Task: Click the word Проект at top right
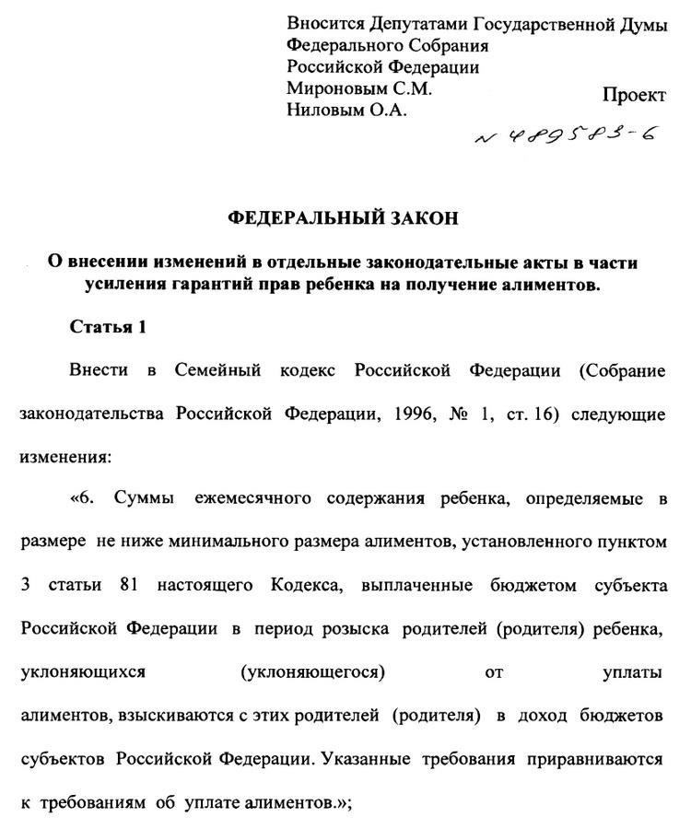[x=633, y=96]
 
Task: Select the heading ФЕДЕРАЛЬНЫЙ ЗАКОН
[x=342, y=218]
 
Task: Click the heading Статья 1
[x=108, y=327]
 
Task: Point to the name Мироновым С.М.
[x=359, y=90]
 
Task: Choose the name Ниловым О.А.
[x=346, y=111]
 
